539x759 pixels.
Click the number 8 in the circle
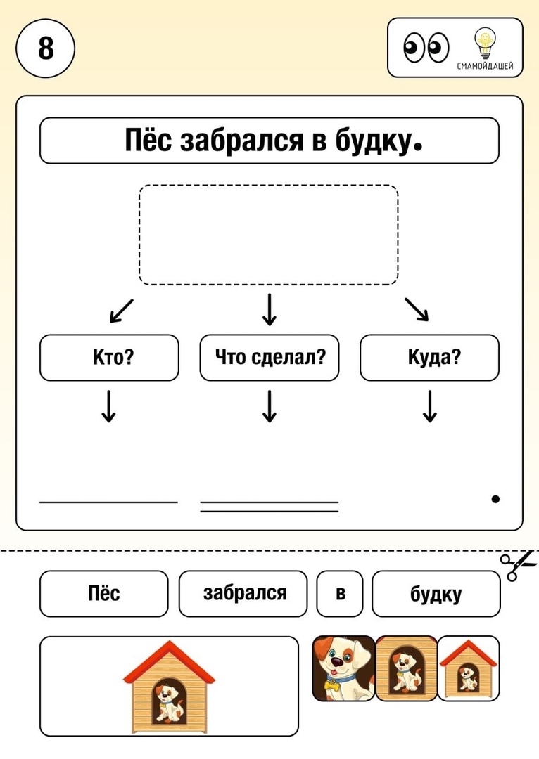click(46, 48)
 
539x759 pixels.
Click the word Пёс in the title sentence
click(148, 141)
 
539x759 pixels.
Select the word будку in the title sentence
click(372, 141)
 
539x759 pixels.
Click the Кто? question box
click(109, 357)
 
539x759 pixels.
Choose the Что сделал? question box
click(269, 357)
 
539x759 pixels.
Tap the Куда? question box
click(429, 357)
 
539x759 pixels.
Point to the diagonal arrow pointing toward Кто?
click(121, 311)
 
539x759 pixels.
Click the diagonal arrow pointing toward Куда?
click(417, 309)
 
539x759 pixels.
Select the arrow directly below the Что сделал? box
click(269, 406)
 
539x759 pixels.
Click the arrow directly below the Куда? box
click(430, 406)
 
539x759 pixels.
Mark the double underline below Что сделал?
click(269, 507)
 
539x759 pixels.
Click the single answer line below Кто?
click(108, 502)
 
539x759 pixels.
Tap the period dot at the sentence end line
click(495, 499)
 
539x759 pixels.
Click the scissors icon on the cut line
click(519, 565)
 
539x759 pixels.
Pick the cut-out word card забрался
click(243, 593)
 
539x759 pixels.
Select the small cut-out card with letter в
click(340, 593)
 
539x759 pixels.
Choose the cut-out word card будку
click(436, 593)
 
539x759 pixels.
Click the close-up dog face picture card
click(343, 668)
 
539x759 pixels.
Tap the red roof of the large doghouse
click(169, 661)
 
